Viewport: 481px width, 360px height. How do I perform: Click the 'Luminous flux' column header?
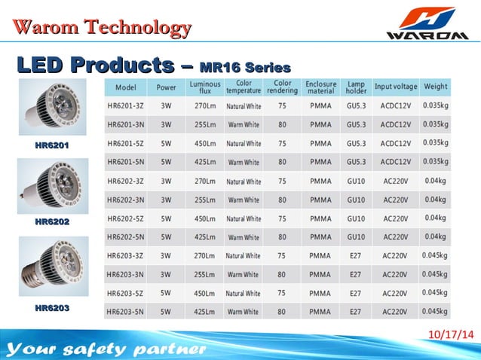(205, 87)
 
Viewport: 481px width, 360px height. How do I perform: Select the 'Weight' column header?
(435, 87)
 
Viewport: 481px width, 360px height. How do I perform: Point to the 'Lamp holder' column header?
(356, 87)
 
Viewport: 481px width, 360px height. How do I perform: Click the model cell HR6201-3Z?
(126, 105)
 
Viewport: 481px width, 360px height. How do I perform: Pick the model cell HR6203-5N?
(126, 310)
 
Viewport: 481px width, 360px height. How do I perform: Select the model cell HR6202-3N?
(126, 200)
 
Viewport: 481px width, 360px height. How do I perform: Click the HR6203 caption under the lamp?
(52, 308)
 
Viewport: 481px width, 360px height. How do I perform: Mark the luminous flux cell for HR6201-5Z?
(205, 143)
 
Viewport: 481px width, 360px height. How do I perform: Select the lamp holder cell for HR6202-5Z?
(356, 218)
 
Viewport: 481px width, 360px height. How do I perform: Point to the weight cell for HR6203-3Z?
(435, 255)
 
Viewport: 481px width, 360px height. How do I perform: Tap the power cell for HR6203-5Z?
(166, 292)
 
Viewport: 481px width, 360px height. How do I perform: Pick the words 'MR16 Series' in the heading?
(246, 67)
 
